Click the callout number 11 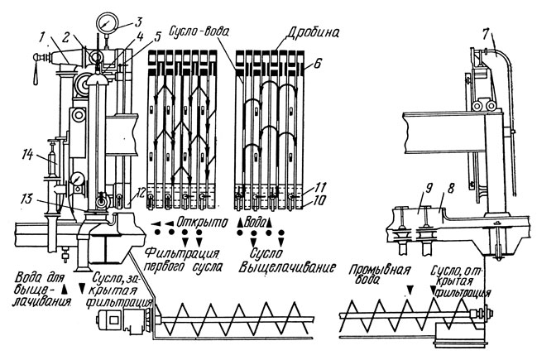point(309,186)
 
